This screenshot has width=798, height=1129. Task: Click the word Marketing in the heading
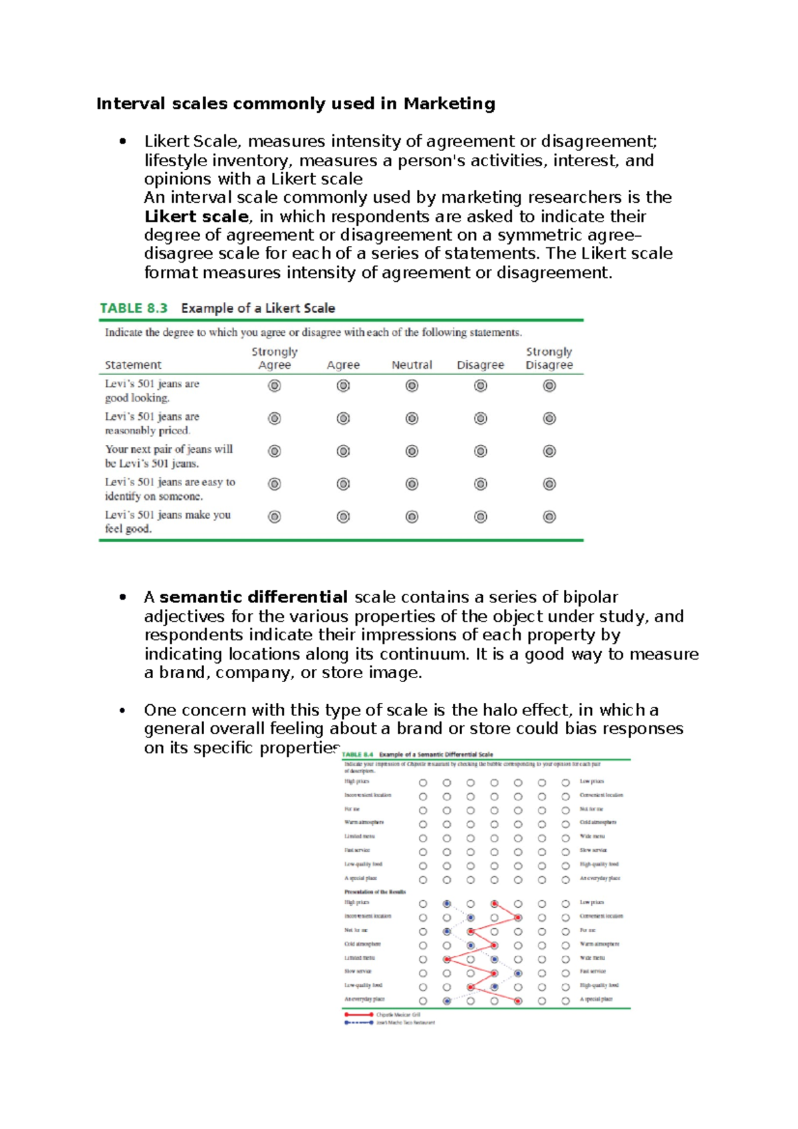449,104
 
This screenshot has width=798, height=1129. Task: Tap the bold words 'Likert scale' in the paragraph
196,217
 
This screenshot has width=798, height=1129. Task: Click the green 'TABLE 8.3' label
134,309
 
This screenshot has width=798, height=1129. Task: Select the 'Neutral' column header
412,365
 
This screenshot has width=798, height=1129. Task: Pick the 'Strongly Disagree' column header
549,358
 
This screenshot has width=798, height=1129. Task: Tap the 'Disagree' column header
480,365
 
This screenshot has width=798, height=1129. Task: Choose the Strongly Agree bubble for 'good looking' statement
274,386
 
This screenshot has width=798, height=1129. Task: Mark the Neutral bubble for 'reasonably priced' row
412,418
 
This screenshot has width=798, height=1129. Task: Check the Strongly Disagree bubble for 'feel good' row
549,517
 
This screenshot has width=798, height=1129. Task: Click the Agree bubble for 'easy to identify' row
343,484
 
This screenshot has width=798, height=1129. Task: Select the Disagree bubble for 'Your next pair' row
480,451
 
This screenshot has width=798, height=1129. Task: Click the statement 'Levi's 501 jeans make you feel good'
168,521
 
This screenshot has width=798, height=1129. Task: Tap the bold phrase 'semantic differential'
253,597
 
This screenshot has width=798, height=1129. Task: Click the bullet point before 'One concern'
122,711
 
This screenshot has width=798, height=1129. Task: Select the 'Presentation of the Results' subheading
374,892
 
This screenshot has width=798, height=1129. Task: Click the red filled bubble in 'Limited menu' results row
447,959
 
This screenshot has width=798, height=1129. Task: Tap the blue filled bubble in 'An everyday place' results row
447,1001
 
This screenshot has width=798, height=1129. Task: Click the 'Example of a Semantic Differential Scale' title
436,755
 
